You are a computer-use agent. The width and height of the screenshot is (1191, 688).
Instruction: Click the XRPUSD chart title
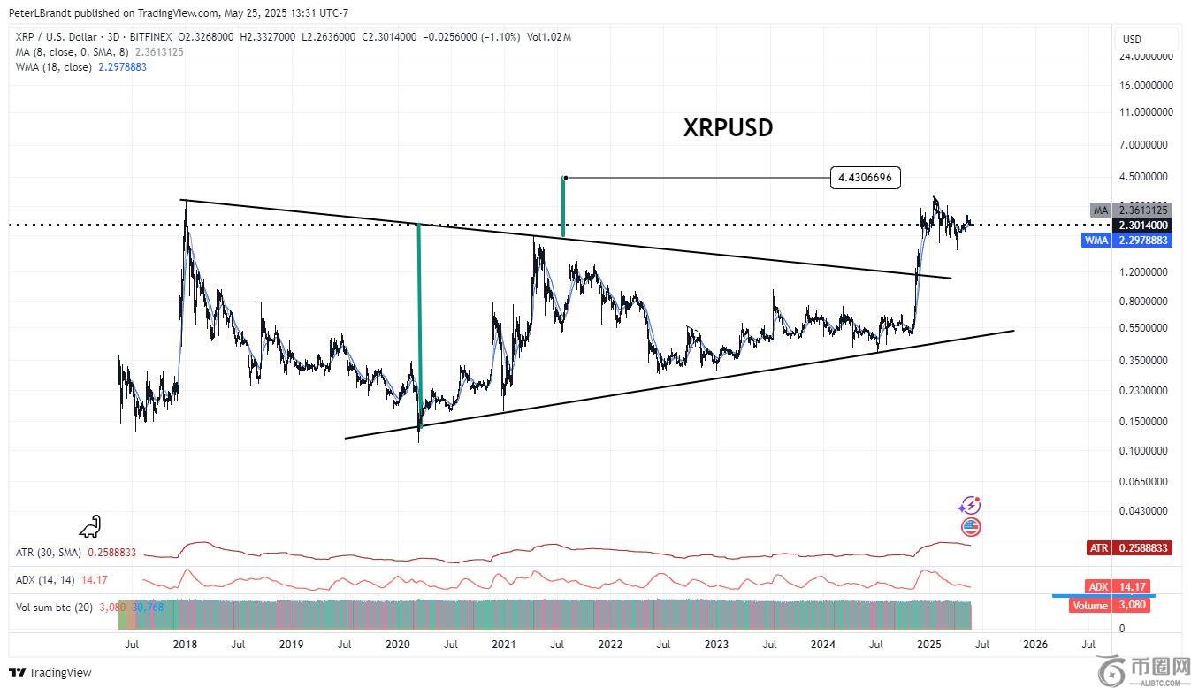click(x=728, y=127)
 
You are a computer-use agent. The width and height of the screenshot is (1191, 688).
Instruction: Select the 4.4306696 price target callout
click(x=866, y=178)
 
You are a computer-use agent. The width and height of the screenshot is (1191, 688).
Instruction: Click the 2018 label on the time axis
click(x=185, y=644)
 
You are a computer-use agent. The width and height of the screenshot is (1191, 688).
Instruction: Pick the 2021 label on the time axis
click(x=504, y=644)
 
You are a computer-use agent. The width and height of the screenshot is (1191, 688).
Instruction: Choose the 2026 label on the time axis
click(x=1035, y=644)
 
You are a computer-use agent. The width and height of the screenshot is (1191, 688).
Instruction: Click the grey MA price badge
click(x=1132, y=210)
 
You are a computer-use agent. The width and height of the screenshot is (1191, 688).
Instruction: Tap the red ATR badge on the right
click(x=1129, y=548)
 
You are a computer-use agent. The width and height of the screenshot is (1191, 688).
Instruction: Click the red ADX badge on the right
click(x=1129, y=586)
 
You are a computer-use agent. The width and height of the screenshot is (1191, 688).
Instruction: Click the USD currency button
click(x=1132, y=39)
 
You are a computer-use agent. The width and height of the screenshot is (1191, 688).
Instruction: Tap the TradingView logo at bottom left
click(x=50, y=672)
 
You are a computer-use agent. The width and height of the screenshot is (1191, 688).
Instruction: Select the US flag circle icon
click(x=971, y=528)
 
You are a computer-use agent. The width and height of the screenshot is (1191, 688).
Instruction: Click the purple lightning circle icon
click(x=970, y=506)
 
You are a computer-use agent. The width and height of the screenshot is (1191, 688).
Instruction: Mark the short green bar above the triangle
click(x=563, y=207)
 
